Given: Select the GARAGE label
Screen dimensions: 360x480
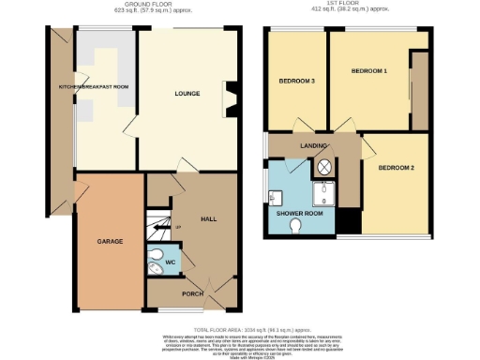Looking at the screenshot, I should tap(111, 241).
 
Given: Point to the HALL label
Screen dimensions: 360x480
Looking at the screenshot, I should tap(209, 218).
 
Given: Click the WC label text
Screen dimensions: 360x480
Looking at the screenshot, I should tap(170, 263).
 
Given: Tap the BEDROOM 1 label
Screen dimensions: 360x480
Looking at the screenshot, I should tap(369, 71).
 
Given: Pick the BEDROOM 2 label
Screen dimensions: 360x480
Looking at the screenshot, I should tap(397, 168).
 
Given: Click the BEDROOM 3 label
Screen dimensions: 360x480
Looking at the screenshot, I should tap(296, 82).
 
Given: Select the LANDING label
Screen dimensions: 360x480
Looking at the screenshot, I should tap(313, 146).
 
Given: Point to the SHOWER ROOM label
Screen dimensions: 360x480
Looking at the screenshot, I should tap(298, 213).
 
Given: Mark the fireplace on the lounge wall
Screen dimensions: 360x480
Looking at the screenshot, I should tap(228, 95).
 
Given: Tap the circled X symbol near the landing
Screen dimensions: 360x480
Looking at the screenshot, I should tap(324, 166).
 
